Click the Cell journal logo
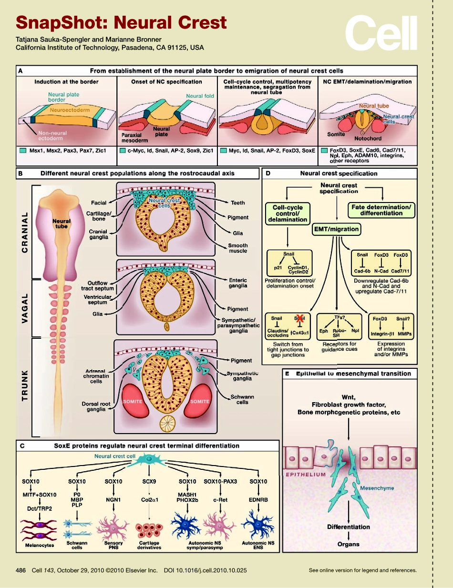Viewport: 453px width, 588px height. click(381, 33)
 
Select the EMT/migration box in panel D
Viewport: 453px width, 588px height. click(336, 229)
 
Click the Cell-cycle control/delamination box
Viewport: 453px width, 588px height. click(287, 213)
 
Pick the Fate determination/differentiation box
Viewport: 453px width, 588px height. click(382, 210)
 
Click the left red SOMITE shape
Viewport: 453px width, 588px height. click(133, 401)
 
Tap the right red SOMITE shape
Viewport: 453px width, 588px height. click(199, 401)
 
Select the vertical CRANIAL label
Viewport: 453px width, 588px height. click(25, 232)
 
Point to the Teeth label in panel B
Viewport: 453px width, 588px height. click(237, 203)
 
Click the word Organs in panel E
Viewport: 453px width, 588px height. click(349, 544)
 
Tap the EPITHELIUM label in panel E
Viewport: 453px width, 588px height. click(306, 475)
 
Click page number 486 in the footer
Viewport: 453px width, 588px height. click(21, 570)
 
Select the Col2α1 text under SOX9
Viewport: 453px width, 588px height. click(149, 500)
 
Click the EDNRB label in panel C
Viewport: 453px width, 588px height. click(258, 500)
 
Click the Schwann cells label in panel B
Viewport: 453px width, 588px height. click(242, 399)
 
